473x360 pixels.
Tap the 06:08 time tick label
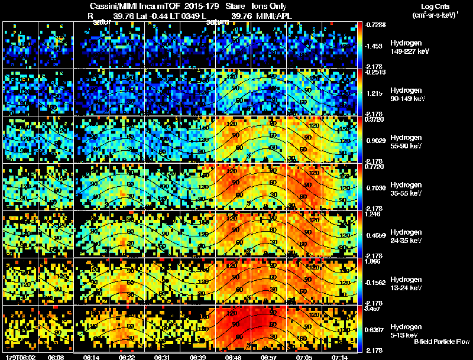pos(56,357)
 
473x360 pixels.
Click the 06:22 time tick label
pos(127,357)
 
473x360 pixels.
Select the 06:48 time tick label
pos(234,357)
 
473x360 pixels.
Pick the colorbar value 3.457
pos(376,308)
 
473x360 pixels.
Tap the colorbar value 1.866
pos(376,261)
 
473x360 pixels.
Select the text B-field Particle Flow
pos(441,342)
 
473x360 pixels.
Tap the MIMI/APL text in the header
pos(275,16)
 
